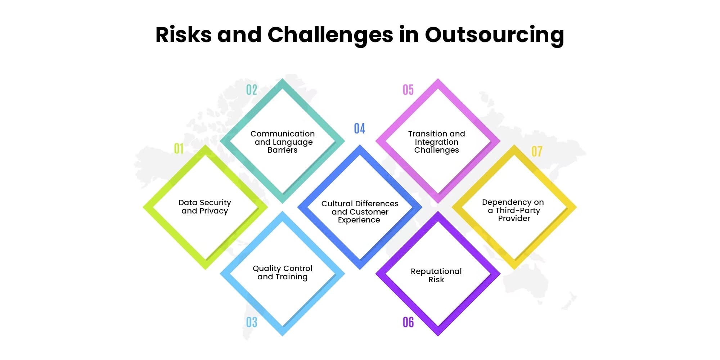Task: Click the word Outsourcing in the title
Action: pos(494,35)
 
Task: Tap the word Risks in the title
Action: pos(183,35)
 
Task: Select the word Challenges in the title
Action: pos(330,35)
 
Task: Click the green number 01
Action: pos(179,148)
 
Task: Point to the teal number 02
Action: pos(252,90)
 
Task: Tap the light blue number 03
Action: pos(252,322)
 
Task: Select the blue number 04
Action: pos(359,129)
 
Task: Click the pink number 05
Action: pos(408,90)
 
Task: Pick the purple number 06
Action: pos(408,322)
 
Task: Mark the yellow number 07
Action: pos(536,152)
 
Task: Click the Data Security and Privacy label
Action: pos(205,207)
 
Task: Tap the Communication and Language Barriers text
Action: pos(283,142)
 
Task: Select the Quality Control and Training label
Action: pos(283,273)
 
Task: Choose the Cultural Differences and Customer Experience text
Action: pos(360,212)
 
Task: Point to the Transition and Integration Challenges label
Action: pos(437,142)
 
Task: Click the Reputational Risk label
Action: pos(436,275)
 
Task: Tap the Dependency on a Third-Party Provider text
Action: pos(513,210)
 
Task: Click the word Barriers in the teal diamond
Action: pos(283,150)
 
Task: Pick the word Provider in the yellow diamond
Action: pos(514,219)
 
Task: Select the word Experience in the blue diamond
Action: pos(359,220)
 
